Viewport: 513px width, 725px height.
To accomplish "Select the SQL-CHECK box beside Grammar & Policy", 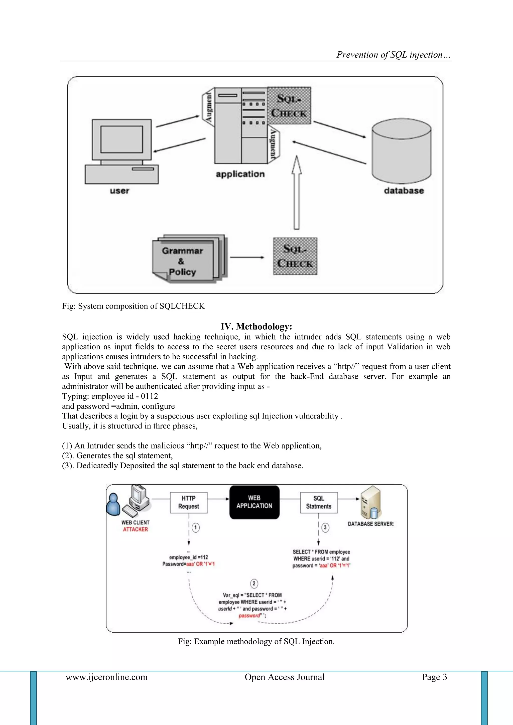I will [295, 256].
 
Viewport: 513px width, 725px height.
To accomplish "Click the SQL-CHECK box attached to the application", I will [289, 105].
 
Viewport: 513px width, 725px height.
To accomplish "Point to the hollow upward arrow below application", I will [296, 193].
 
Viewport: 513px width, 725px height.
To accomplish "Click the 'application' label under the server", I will [240, 174].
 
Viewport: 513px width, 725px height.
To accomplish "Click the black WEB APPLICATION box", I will [254, 502].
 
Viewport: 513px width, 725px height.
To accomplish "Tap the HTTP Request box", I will [189, 502].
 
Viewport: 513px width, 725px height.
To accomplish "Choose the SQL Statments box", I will [318, 502].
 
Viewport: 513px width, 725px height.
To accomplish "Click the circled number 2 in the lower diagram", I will [254, 583].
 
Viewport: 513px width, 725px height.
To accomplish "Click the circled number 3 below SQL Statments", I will [325, 527].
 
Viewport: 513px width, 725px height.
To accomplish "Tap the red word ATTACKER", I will [135, 530].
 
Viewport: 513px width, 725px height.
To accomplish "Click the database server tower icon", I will [370, 503].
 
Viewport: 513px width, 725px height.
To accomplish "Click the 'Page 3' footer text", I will [434, 677].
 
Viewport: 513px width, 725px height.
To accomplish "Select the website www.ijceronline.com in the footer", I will [106, 677].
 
